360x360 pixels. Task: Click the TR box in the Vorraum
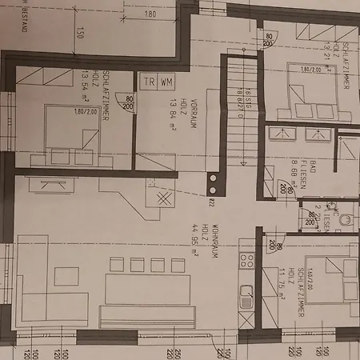[x=148, y=81]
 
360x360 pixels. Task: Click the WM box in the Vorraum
[x=166, y=81]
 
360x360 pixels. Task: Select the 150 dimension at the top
[x=80, y=34]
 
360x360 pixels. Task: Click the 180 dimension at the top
[x=150, y=14]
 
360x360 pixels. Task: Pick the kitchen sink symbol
[x=247, y=294]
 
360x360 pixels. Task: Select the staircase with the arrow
[x=235, y=112]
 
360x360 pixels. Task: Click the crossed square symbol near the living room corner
[x=164, y=198]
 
